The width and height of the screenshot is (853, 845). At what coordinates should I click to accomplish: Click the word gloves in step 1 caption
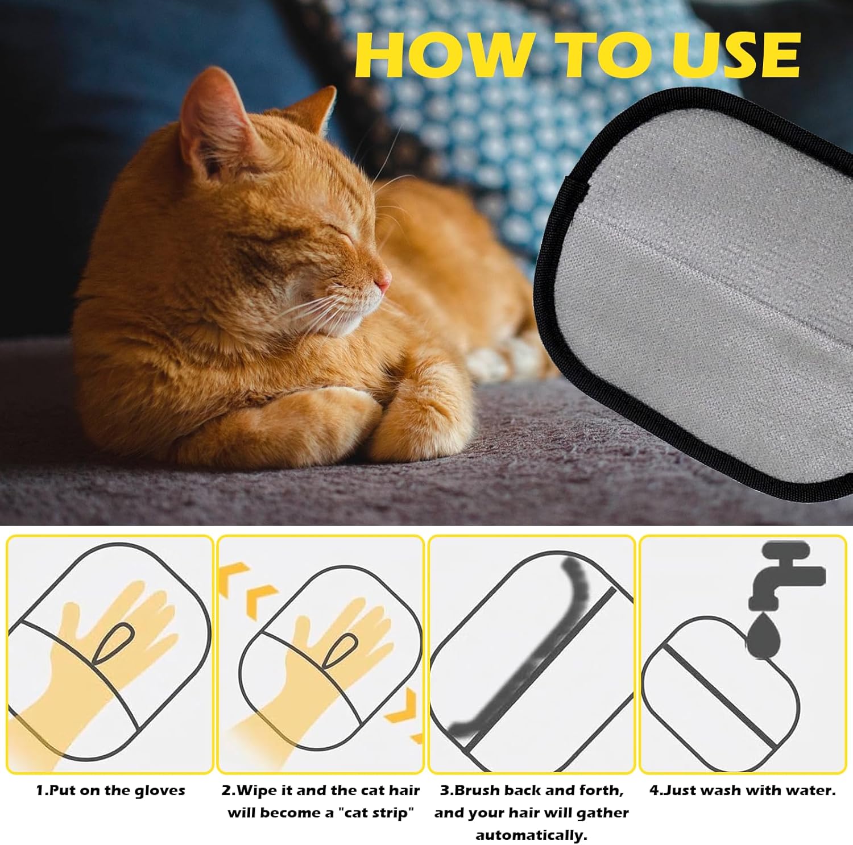160,791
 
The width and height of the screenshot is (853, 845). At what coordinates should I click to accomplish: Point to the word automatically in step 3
531,835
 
